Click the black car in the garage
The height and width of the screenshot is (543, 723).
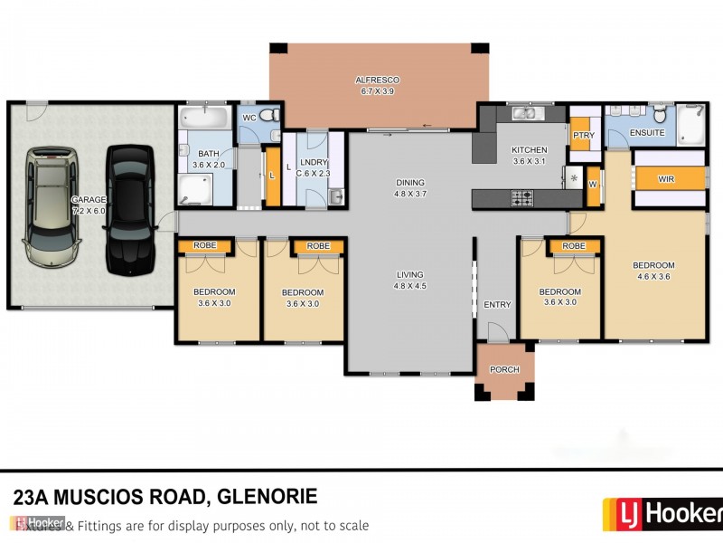pos(129,209)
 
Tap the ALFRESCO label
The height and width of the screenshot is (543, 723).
pos(379,81)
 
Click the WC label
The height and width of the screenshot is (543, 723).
pos(250,118)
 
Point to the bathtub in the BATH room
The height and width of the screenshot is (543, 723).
pos(203,118)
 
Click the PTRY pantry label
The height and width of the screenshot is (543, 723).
pos(582,136)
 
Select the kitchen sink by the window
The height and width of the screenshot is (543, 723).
pos(524,115)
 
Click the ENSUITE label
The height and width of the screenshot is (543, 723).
pos(647,133)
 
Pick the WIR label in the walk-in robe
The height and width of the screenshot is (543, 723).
pos(666,179)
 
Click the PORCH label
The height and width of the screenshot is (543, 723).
pos(504,370)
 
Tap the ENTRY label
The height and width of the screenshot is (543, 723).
pos(497,305)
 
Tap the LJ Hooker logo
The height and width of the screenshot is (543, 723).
pos(662,514)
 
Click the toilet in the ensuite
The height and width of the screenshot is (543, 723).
pos(661,114)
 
